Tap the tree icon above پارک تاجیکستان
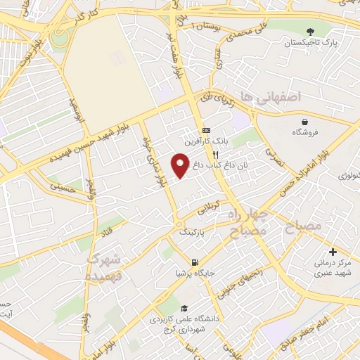(x=310, y=31)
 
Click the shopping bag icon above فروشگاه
(x=304, y=120)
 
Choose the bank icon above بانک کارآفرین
(x=206, y=131)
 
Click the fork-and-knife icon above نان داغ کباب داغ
(x=217, y=154)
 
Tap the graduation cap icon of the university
(x=184, y=308)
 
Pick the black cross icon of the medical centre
(x=333, y=252)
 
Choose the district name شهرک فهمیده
(x=103, y=268)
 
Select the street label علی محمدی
(x=243, y=30)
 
